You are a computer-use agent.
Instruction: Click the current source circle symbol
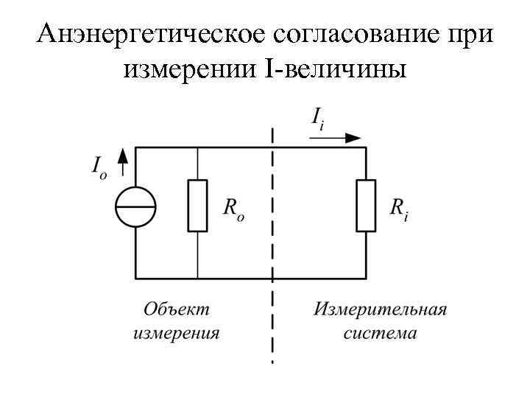[x=135, y=206]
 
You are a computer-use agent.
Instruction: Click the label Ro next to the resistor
[x=233, y=209]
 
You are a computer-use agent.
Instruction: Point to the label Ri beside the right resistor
[x=400, y=209]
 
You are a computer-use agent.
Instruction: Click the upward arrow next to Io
[x=123, y=157]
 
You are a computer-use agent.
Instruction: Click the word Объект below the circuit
[x=176, y=307]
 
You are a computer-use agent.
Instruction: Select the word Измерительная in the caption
[x=380, y=307]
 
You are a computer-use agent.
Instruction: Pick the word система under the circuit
[x=380, y=332]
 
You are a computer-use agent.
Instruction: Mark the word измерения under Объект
[x=176, y=332]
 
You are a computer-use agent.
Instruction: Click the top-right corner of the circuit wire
[x=366, y=148]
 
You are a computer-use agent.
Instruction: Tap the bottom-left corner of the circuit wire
[x=135, y=278]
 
